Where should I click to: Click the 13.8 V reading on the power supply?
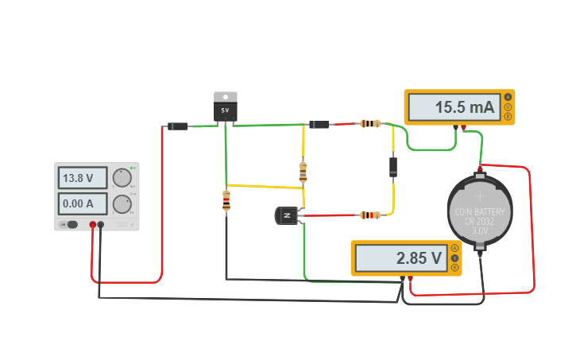point(79,178)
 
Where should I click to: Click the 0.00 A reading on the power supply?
point(79,203)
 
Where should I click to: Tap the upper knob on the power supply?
point(121,177)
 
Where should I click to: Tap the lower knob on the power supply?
point(121,203)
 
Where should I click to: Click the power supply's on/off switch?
point(72,224)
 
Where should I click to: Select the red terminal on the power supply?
point(93,225)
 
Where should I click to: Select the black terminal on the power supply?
point(101,225)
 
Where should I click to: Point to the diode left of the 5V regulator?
point(177,126)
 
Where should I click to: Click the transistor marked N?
point(287,215)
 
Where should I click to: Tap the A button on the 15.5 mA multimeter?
point(508,97)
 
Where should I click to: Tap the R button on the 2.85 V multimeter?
point(454,268)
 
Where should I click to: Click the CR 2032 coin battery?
point(479,211)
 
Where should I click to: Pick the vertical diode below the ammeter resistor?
point(392,166)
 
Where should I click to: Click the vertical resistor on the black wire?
point(226,201)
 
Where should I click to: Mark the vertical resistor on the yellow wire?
point(303,172)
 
